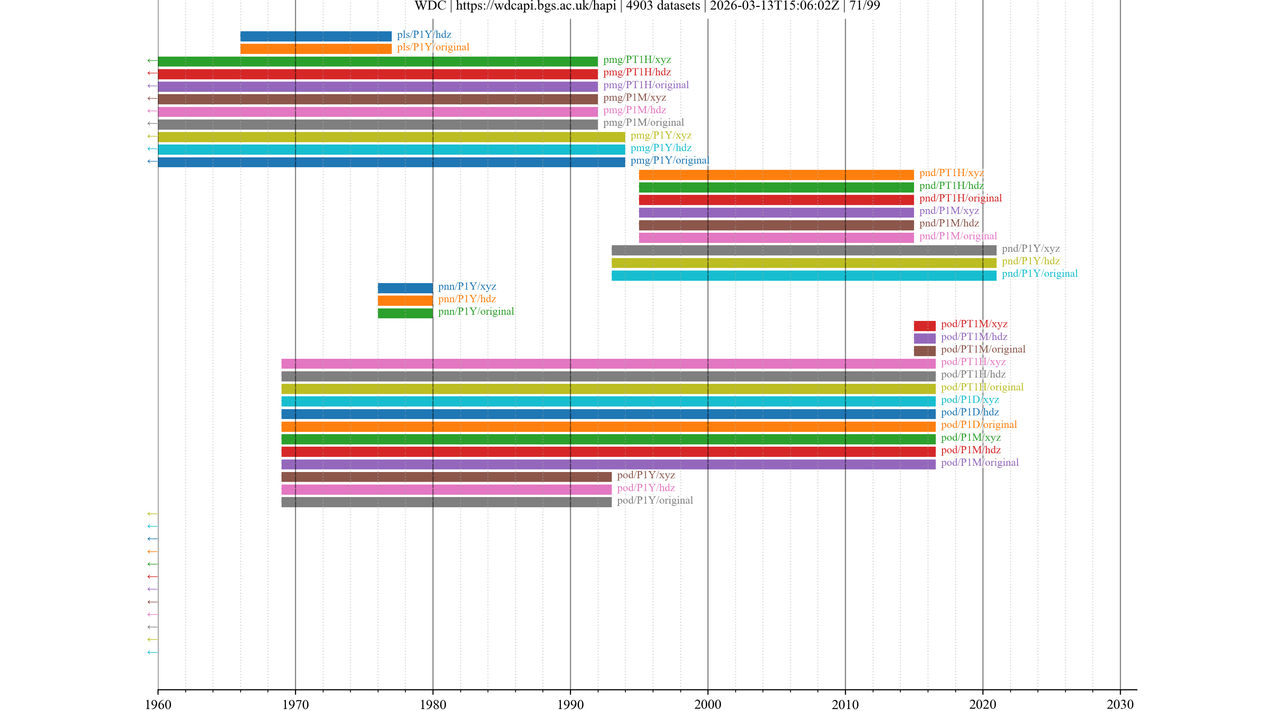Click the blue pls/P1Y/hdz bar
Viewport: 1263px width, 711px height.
tap(316, 36)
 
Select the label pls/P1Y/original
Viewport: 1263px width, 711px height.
tap(433, 47)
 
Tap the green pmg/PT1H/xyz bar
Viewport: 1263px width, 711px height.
tap(378, 61)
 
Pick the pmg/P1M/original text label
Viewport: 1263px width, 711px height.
tap(643, 123)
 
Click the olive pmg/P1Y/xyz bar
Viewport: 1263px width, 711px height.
tap(391, 137)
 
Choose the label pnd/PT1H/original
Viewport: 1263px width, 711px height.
tap(960, 198)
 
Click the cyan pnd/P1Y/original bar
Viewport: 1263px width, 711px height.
tap(804, 275)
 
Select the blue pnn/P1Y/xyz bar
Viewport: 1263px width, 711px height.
tap(405, 288)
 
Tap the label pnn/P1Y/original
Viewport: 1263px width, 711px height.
tap(476, 312)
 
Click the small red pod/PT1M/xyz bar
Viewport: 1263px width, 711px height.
tap(924, 326)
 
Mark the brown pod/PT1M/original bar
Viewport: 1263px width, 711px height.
tap(924, 351)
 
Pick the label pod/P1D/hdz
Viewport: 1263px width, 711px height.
tap(969, 412)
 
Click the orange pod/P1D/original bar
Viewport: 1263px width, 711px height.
tap(608, 426)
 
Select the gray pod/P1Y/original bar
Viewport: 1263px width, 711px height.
tap(446, 502)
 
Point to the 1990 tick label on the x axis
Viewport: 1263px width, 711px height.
tap(570, 705)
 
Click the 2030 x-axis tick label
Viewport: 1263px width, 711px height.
tap(1120, 705)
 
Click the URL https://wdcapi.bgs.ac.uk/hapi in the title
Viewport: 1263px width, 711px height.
tap(535, 6)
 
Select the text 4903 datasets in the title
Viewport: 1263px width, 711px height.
tap(663, 6)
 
